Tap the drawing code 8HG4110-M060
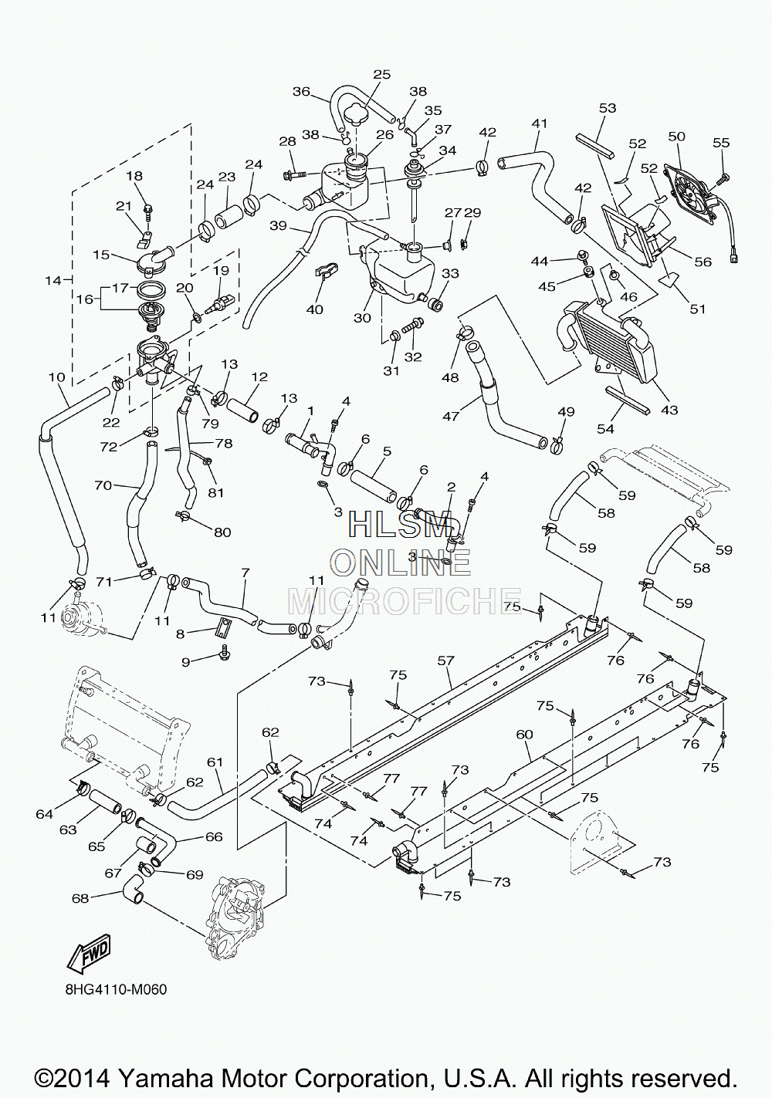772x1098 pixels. (116, 999)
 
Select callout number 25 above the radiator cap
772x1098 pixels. (381, 75)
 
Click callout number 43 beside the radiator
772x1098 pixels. (669, 409)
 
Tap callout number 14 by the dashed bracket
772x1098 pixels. (53, 281)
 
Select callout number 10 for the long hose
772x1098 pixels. (57, 377)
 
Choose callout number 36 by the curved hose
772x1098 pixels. (301, 92)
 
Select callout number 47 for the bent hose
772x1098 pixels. (451, 416)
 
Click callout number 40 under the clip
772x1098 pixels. (315, 309)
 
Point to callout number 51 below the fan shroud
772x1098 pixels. (697, 309)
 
